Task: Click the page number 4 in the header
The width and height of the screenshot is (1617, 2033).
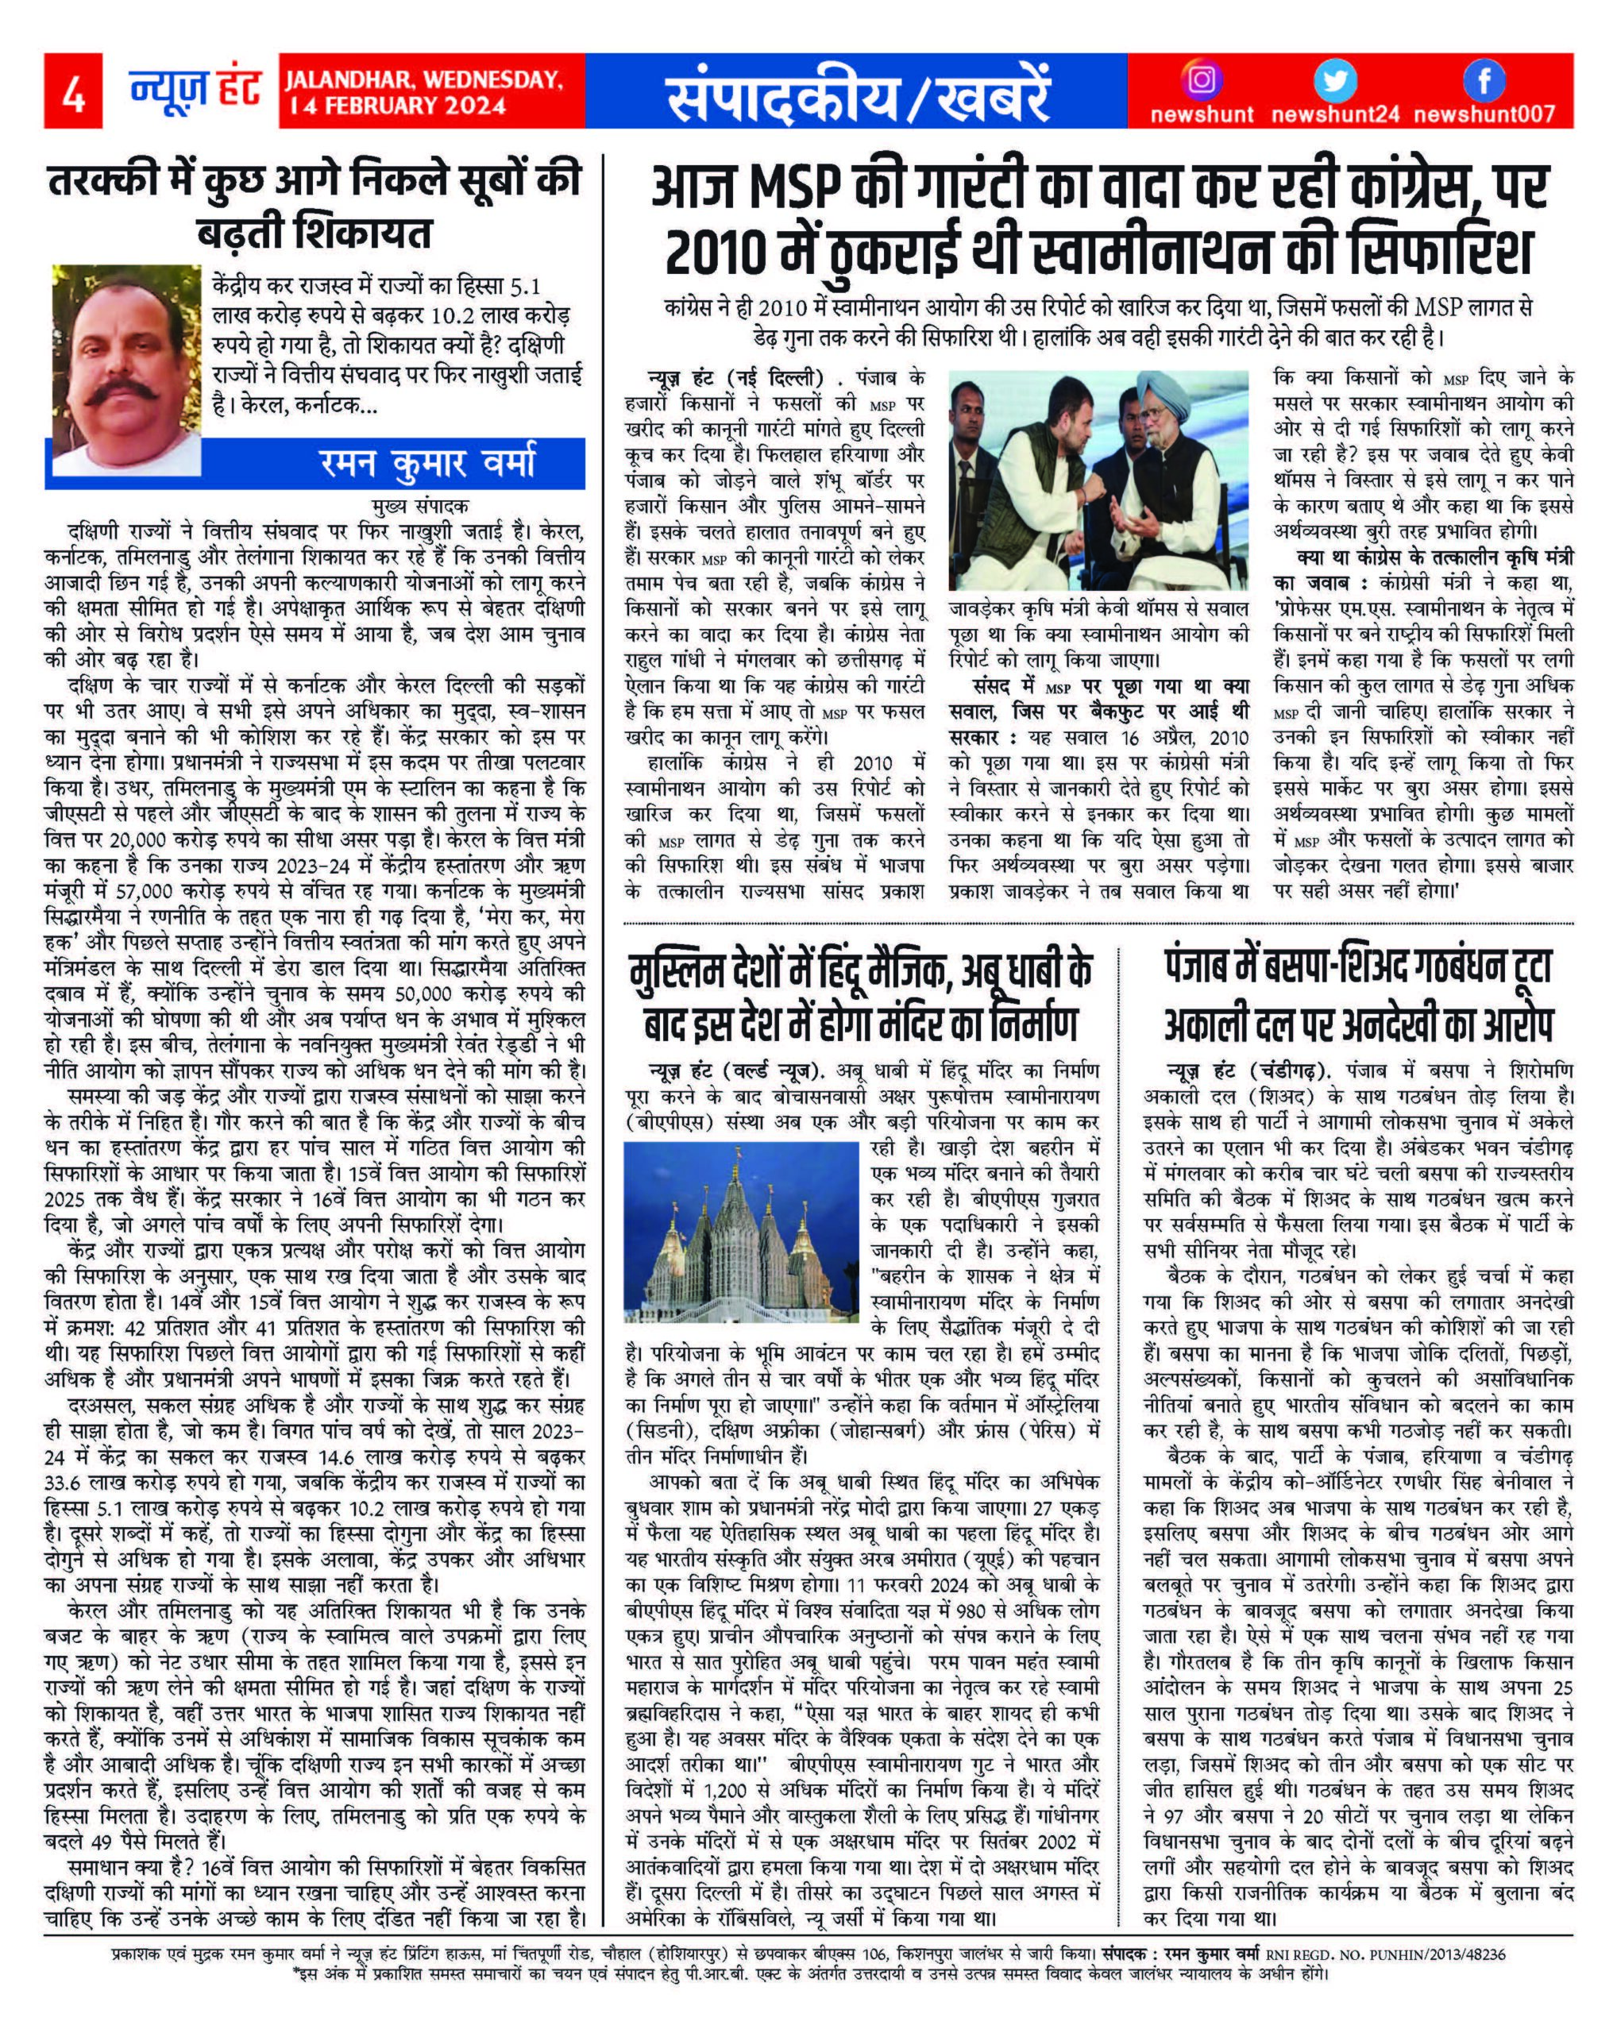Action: click(x=71, y=92)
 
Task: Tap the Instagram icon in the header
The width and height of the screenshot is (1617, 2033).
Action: click(x=1200, y=80)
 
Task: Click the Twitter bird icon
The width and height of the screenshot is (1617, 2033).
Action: click(x=1333, y=80)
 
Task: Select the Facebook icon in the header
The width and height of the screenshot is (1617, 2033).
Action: click(x=1483, y=81)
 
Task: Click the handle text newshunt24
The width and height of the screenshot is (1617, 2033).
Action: click(x=1335, y=115)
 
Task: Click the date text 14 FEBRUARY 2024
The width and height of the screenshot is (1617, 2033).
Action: click(x=397, y=104)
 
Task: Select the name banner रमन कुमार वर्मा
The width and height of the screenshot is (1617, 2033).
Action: click(x=428, y=465)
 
